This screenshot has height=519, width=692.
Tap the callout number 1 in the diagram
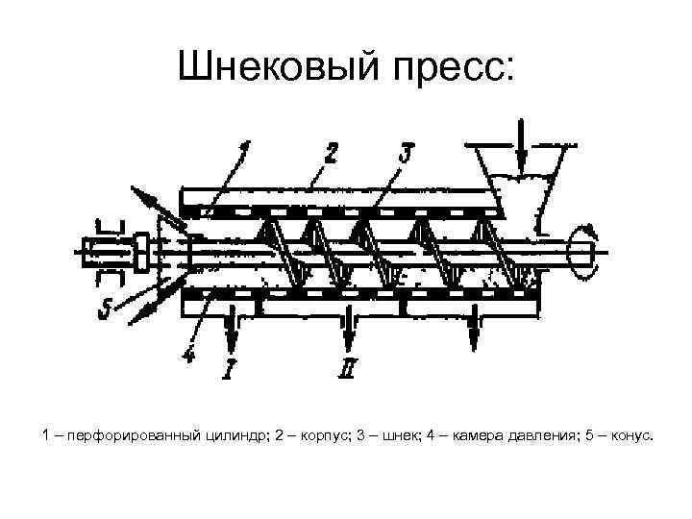[244, 151]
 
